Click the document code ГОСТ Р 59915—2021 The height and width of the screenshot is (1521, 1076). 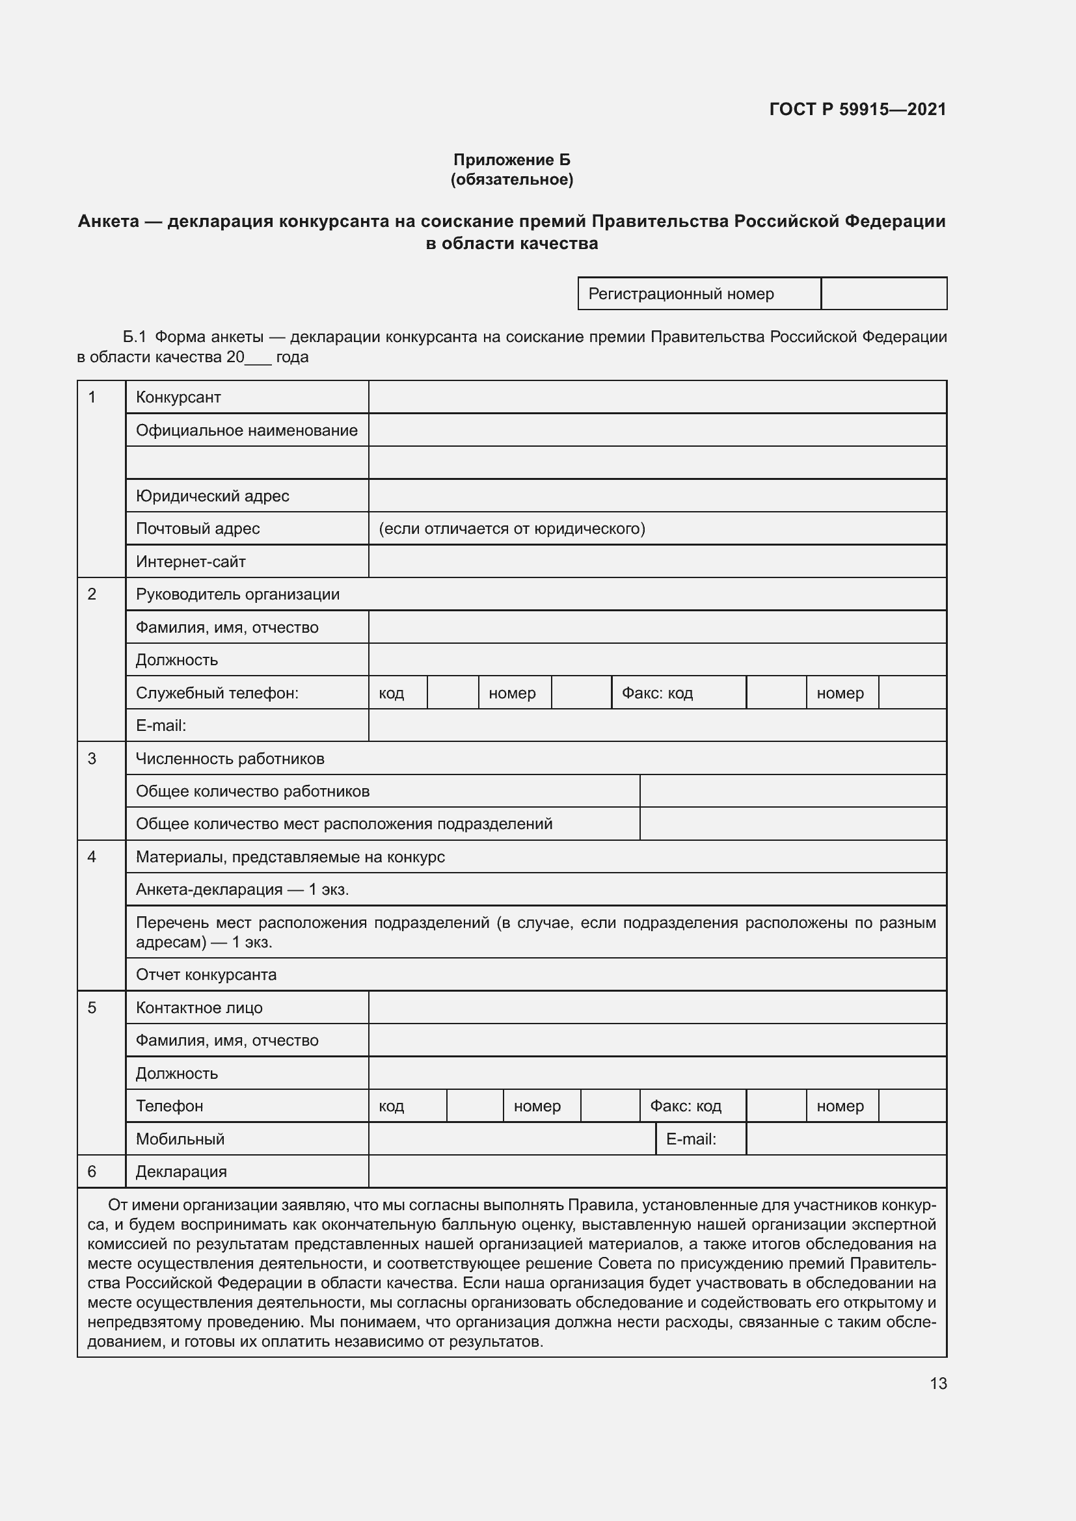(857, 109)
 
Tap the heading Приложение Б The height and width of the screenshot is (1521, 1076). (511, 160)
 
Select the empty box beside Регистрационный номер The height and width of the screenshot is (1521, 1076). (883, 293)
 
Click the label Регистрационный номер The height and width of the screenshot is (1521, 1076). (680, 293)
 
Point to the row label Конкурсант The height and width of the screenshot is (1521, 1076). (178, 397)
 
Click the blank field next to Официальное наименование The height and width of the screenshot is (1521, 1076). (656, 430)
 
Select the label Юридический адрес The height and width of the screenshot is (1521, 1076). (212, 496)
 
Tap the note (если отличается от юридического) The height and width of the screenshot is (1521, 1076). (511, 528)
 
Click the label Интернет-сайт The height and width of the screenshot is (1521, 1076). (190, 561)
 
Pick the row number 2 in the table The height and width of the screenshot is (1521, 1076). (92, 594)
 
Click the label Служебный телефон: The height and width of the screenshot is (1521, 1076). (217, 693)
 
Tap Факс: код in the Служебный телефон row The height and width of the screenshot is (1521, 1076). (656, 693)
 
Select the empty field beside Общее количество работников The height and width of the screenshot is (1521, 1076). (792, 791)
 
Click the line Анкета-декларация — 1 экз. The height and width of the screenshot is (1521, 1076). (242, 889)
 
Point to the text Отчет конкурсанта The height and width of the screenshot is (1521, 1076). (206, 975)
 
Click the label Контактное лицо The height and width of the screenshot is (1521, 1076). (199, 1007)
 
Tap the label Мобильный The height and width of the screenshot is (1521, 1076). (180, 1139)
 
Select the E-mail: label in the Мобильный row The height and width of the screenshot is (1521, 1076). (690, 1139)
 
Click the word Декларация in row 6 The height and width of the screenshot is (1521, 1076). (181, 1171)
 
